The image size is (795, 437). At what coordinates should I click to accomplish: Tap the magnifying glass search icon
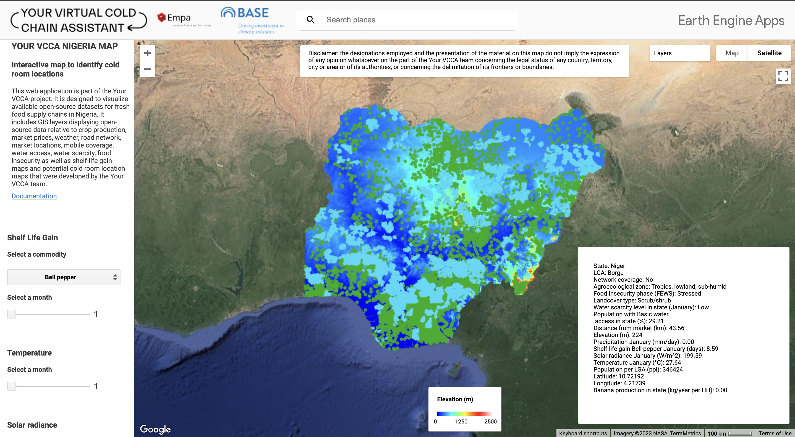pos(310,20)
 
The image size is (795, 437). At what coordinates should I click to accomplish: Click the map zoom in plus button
pos(148,53)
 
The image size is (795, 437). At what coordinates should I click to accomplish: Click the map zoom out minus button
pos(148,69)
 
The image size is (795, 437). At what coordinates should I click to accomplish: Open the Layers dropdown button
pos(679,53)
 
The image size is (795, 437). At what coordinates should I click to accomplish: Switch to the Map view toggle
pos(732,53)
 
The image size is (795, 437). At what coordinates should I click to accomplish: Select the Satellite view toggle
pos(769,53)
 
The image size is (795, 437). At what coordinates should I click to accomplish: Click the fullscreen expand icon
pos(783,76)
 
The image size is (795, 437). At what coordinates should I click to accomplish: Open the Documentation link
pos(34,196)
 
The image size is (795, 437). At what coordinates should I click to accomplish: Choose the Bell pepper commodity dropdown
pos(64,277)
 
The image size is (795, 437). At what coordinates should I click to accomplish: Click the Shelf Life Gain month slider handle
pos(11,314)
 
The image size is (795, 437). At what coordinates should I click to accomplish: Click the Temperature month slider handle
pos(11,386)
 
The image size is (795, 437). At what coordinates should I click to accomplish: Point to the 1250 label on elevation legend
pos(461,422)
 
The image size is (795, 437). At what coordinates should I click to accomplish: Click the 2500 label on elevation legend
pos(490,422)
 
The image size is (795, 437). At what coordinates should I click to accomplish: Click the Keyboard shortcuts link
pos(583,433)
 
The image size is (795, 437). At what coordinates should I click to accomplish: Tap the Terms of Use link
pos(775,433)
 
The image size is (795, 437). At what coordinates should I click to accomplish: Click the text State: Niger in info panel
pos(609,266)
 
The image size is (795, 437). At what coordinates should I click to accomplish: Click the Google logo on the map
pos(155,429)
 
